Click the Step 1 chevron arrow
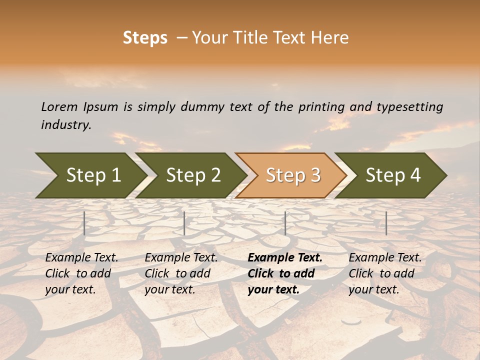click(x=93, y=175)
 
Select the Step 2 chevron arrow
click(x=193, y=175)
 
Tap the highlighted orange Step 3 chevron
click(x=292, y=175)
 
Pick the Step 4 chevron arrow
click(x=392, y=175)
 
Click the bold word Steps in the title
click(x=145, y=38)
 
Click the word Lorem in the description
click(x=59, y=107)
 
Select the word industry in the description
click(x=65, y=124)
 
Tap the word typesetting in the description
click(x=409, y=107)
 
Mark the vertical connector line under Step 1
click(x=84, y=223)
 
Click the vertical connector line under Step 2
click(x=184, y=223)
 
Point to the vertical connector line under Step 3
click(x=285, y=223)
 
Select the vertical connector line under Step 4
click(x=386, y=223)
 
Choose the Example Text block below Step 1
click(x=81, y=273)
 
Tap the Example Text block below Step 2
click(x=181, y=273)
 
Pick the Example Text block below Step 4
click(x=385, y=273)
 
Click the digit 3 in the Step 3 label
click(x=315, y=175)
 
